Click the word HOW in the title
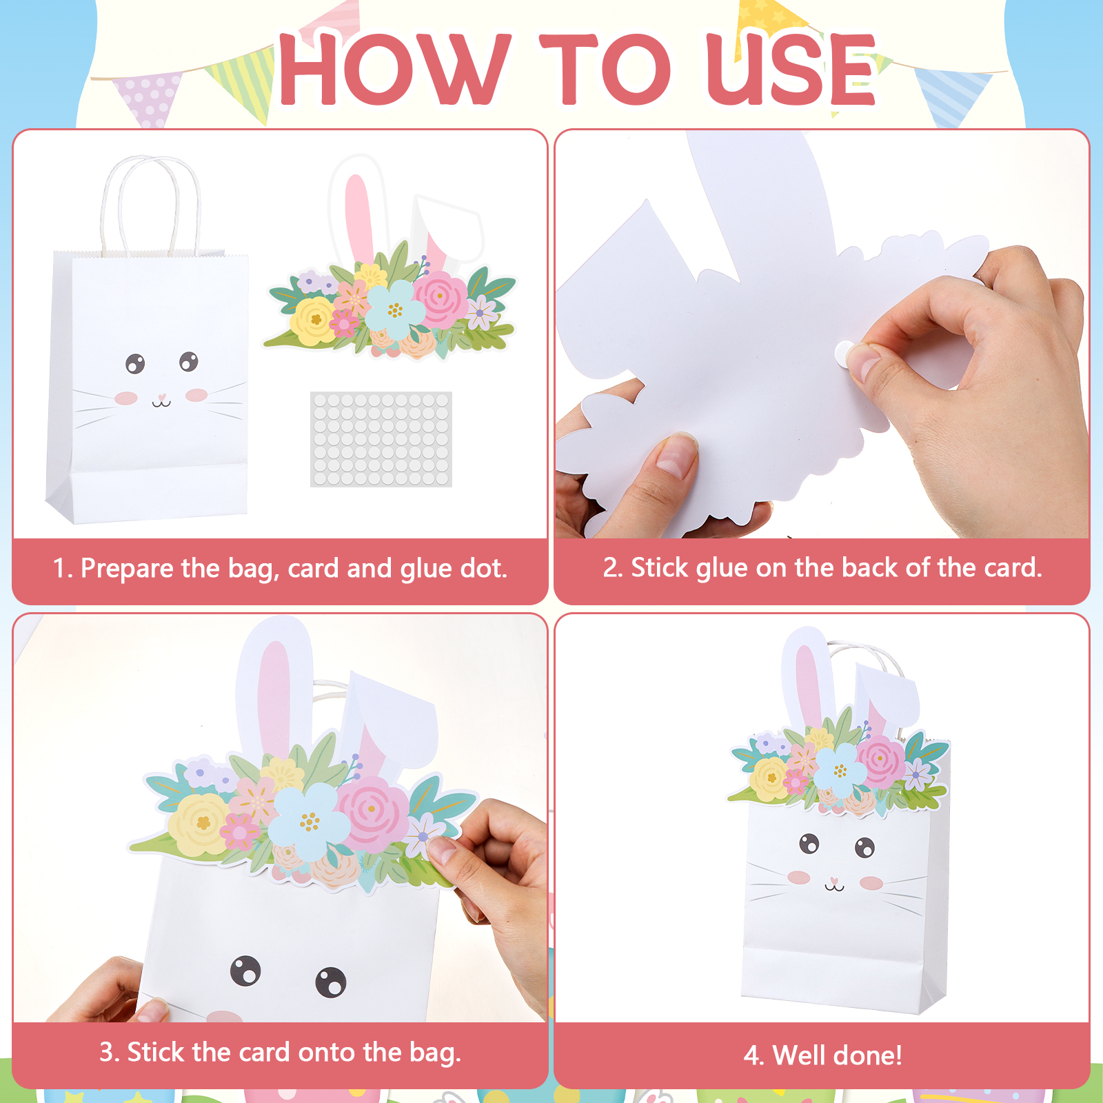(x=395, y=69)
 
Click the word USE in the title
(x=791, y=69)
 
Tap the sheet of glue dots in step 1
(x=381, y=439)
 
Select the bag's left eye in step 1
(x=135, y=363)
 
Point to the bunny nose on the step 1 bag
(x=161, y=398)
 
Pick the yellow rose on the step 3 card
(x=201, y=824)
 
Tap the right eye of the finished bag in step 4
(x=864, y=847)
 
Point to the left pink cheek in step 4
(x=799, y=877)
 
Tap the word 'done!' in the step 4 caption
(x=867, y=1055)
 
